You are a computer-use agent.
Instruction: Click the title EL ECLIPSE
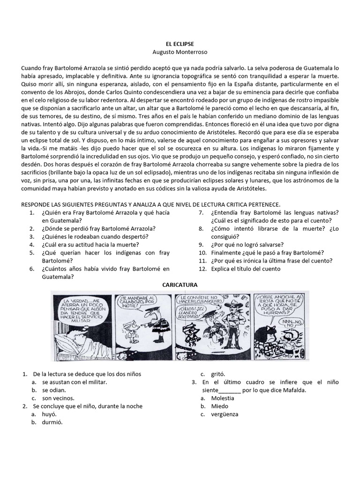pos(180,43)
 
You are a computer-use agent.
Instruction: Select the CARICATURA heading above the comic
pos(180,285)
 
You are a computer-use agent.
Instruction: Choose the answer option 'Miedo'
pos(220,406)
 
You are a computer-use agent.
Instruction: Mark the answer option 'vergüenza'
pos(225,414)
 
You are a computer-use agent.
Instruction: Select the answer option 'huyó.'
pos(49,414)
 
